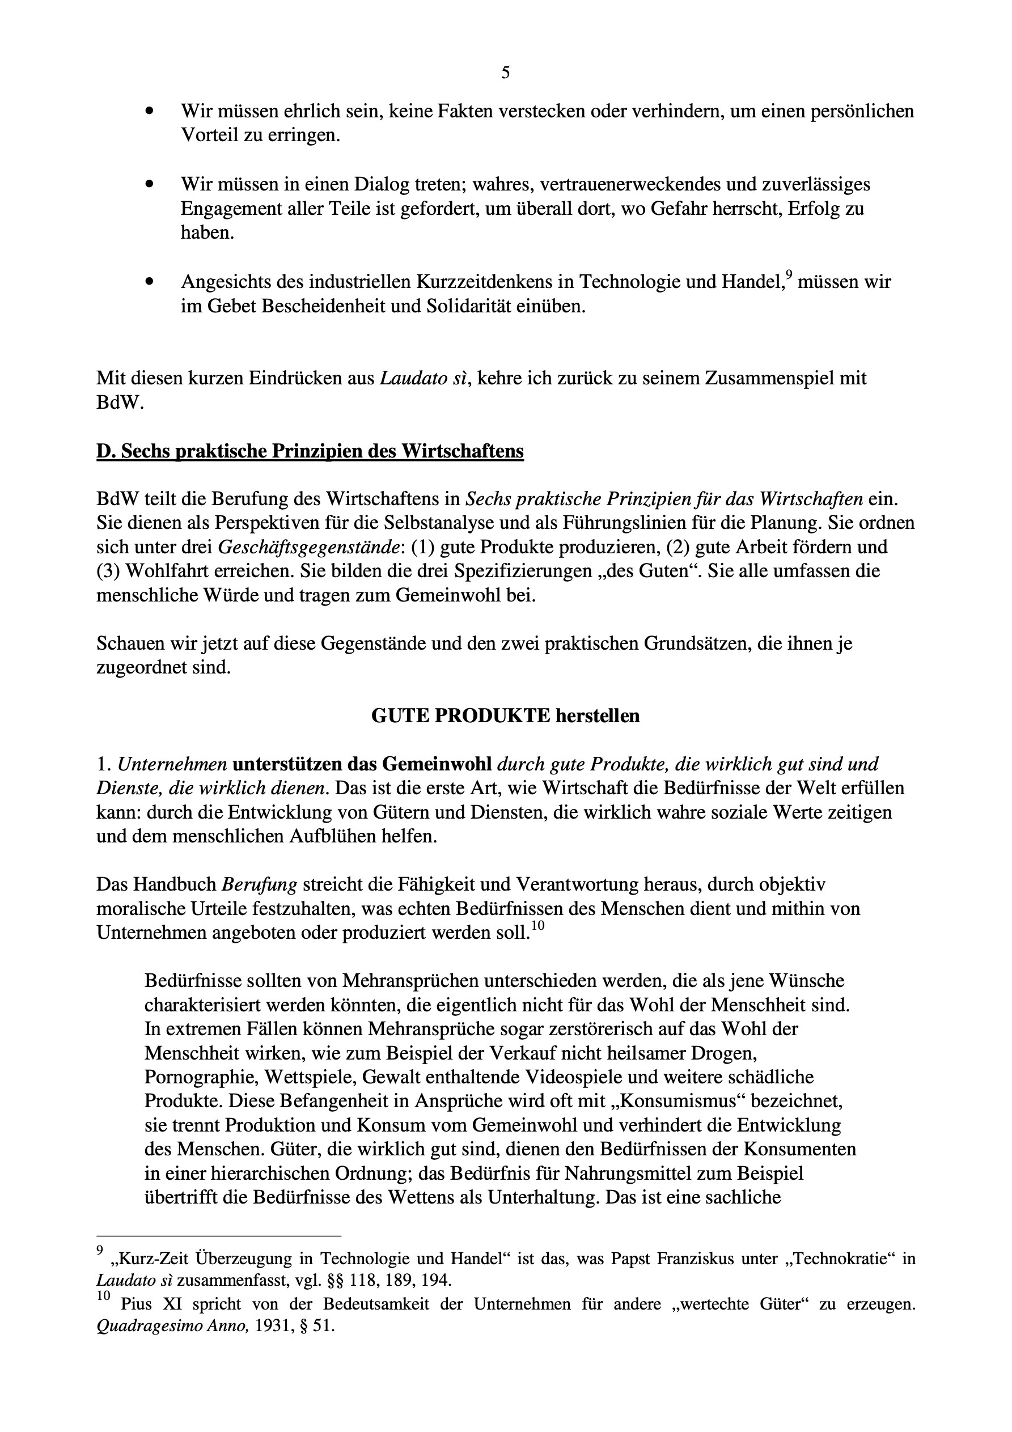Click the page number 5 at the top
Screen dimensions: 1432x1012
point(505,73)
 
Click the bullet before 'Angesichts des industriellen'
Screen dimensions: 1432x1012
point(149,282)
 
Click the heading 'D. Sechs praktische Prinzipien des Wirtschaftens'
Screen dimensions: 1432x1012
point(310,451)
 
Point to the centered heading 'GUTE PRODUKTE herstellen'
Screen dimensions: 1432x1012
point(505,715)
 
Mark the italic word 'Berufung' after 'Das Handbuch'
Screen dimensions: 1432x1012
point(259,884)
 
